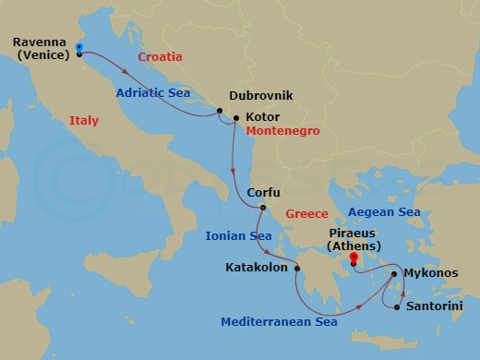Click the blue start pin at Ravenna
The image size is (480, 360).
pyautogui.click(x=79, y=48)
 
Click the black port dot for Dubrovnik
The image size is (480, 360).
pyautogui.click(x=221, y=112)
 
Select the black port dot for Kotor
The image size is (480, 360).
pyautogui.click(x=236, y=118)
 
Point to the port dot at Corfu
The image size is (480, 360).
pyautogui.click(x=262, y=208)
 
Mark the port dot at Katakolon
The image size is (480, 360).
pyautogui.click(x=297, y=269)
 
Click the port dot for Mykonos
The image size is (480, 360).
pyautogui.click(x=394, y=274)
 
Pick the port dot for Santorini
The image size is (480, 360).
pyautogui.click(x=397, y=306)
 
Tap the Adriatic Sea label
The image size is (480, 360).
pyautogui.click(x=153, y=92)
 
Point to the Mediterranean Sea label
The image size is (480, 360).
pyautogui.click(x=279, y=322)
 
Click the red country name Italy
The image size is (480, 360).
pyautogui.click(x=83, y=120)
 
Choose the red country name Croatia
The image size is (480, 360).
pyautogui.click(x=160, y=57)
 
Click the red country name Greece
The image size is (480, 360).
pyautogui.click(x=306, y=213)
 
